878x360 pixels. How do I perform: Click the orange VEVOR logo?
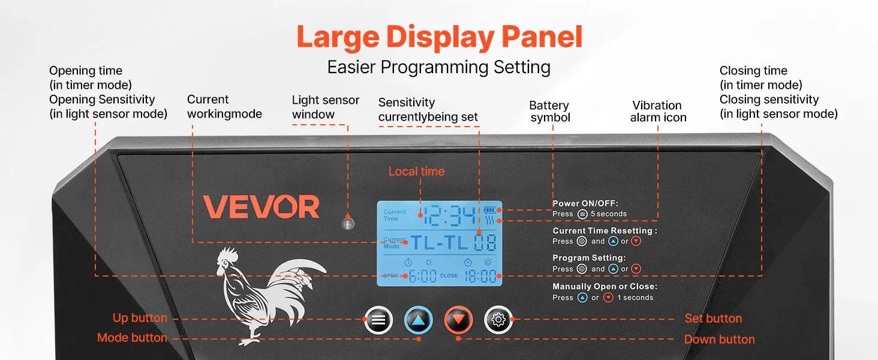pos(261,206)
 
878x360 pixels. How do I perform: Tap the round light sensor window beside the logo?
pos(348,224)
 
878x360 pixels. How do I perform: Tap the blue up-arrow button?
pos(418,320)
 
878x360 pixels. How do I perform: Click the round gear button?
pos(498,320)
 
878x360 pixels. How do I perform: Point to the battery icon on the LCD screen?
pos(489,210)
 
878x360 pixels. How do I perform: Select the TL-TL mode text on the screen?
pos(439,243)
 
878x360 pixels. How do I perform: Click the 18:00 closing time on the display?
pos(480,276)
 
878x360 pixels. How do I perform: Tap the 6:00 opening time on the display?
pos(423,276)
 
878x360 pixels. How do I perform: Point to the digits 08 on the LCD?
pos(485,243)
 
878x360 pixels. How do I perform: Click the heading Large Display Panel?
pos(440,37)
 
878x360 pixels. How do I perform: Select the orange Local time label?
pos(416,172)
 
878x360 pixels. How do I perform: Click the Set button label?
pos(714,319)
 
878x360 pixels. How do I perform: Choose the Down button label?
pos(719,339)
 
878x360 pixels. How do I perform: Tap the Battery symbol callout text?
pos(549,112)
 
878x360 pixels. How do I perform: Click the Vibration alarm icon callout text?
pos(658,112)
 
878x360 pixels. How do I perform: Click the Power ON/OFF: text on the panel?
pos(585,203)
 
